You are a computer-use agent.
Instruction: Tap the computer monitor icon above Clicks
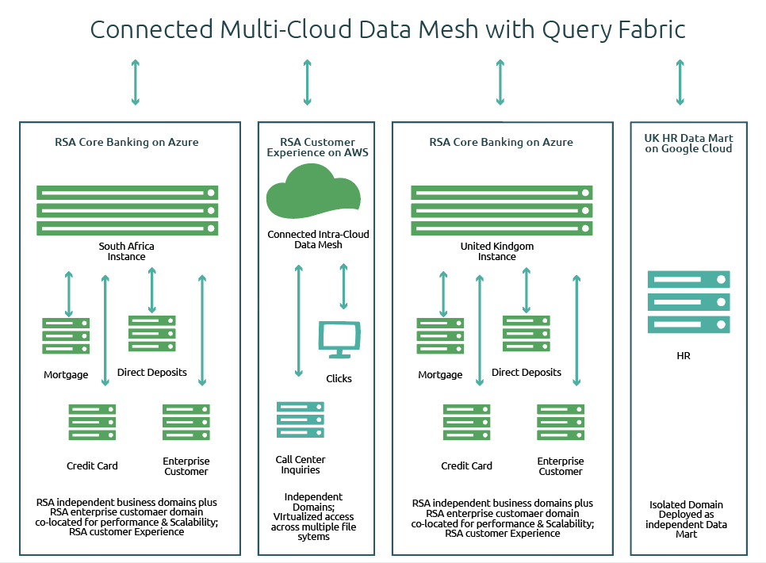[x=339, y=339]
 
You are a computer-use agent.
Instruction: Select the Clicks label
[x=339, y=378]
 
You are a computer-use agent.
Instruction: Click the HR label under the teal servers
[x=683, y=356]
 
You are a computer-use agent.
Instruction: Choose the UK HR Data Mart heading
[x=688, y=143]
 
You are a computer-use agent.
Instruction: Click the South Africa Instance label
[x=127, y=251]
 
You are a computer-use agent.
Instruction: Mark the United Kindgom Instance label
[x=497, y=251]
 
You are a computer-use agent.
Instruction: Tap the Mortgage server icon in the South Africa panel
[x=66, y=335]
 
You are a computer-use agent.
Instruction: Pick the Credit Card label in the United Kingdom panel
[x=466, y=465]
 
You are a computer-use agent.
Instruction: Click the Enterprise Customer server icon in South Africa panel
[x=186, y=422]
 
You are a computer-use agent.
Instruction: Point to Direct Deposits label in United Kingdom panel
[x=527, y=372]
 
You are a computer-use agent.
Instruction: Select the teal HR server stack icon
[x=688, y=301]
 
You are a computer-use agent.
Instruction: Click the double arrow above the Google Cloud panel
[x=680, y=82]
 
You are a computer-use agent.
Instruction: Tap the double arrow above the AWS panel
[x=307, y=82]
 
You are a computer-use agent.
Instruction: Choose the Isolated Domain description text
[x=687, y=519]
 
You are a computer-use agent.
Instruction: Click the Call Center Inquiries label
[x=301, y=465]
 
